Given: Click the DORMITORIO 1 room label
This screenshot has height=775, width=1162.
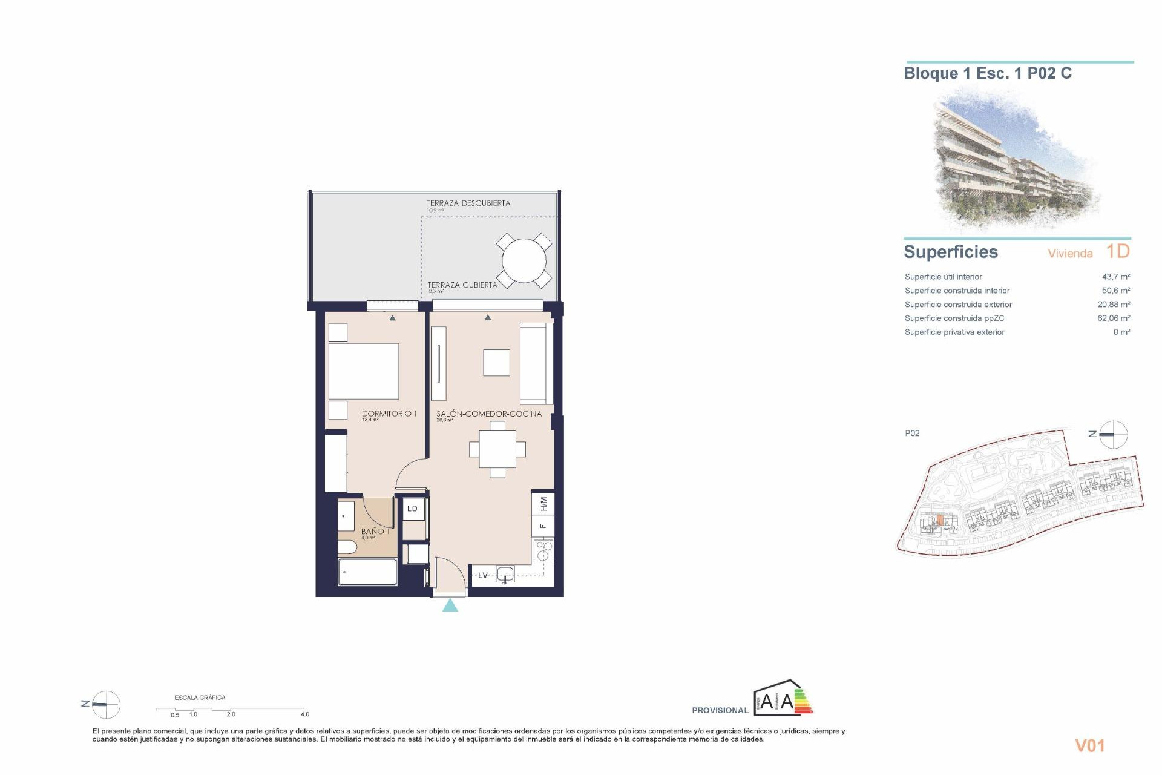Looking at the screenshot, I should [389, 414].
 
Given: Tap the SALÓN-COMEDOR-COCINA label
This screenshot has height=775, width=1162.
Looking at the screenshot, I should [489, 414].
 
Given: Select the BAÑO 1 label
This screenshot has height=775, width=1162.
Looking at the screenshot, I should [375, 531].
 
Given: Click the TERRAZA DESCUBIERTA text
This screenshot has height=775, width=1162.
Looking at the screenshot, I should [468, 203].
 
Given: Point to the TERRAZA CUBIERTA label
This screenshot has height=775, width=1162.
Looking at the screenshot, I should [462, 285].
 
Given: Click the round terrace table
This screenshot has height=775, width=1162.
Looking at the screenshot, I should [524, 261].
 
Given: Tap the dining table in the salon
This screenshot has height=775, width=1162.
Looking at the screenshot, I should [497, 449].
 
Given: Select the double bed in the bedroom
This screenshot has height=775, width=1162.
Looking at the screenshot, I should [363, 371].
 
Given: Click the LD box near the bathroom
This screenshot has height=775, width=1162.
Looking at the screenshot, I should [412, 509].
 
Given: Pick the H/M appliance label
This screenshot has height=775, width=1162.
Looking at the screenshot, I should [543, 503].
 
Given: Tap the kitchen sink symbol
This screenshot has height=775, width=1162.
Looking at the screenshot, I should [505, 574].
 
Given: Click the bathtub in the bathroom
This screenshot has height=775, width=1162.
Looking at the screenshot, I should [367, 572].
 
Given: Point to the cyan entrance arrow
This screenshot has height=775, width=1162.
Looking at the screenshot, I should [450, 605].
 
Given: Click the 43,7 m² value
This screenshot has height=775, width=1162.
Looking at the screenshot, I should [1115, 277].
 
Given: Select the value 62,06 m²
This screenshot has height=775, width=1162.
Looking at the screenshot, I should [1114, 318].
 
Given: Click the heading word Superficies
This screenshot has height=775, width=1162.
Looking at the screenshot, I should [950, 252].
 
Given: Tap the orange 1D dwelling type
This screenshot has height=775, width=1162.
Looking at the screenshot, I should [1117, 251].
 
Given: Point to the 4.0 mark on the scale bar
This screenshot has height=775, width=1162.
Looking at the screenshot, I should [304, 714].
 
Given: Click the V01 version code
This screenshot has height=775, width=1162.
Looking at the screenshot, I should [1089, 745].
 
